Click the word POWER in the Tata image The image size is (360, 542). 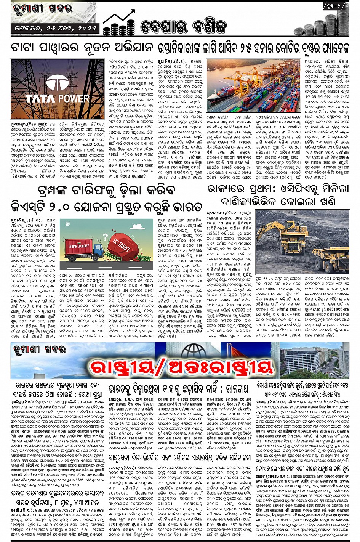click(x=74, y=98)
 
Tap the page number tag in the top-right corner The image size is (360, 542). click(x=336, y=6)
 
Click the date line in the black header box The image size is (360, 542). click(x=54, y=28)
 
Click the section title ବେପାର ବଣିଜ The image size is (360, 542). click(x=183, y=26)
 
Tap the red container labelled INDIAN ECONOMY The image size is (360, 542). click(x=79, y=246)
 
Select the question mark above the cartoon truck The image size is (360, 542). click(x=106, y=236)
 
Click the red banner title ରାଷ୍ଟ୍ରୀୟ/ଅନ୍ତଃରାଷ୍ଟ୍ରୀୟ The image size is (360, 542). click(x=181, y=367)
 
